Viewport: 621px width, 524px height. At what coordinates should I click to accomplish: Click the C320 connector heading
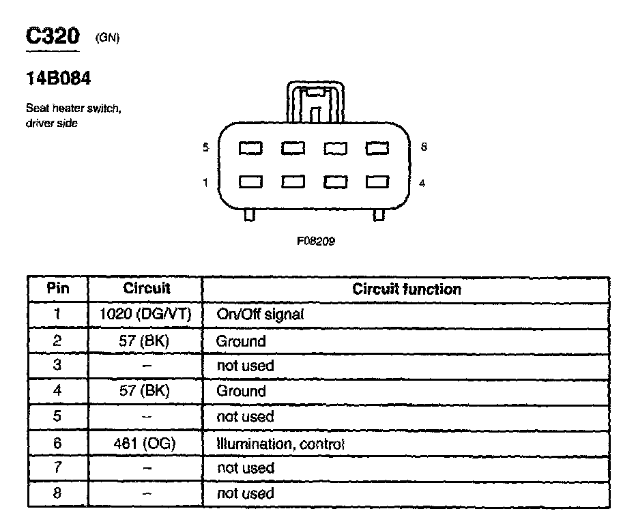52,37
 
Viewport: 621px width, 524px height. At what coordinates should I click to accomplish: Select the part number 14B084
58,79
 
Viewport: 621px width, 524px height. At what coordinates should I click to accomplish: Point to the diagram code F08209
316,241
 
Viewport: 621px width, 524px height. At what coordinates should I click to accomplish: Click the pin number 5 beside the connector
206,147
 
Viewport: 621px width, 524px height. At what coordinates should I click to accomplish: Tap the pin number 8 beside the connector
424,147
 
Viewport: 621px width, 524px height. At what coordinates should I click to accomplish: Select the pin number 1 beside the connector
206,183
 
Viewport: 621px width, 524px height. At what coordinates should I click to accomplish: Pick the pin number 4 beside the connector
422,183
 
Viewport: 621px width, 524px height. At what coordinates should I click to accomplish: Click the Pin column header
58,288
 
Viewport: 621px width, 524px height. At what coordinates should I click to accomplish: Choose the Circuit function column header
407,289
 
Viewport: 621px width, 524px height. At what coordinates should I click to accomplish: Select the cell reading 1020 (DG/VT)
145,315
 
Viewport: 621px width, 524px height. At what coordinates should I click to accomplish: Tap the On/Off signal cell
260,315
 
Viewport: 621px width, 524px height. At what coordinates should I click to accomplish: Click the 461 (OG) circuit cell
145,443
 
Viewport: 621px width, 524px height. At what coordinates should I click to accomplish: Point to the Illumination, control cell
280,443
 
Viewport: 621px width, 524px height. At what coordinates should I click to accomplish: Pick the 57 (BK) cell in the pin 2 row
145,340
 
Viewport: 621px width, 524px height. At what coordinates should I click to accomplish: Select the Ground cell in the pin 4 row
241,391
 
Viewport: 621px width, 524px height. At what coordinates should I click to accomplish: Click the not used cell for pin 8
245,493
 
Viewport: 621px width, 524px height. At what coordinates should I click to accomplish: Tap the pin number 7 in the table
58,468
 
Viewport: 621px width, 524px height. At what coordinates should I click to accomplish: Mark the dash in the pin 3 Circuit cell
146,366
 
